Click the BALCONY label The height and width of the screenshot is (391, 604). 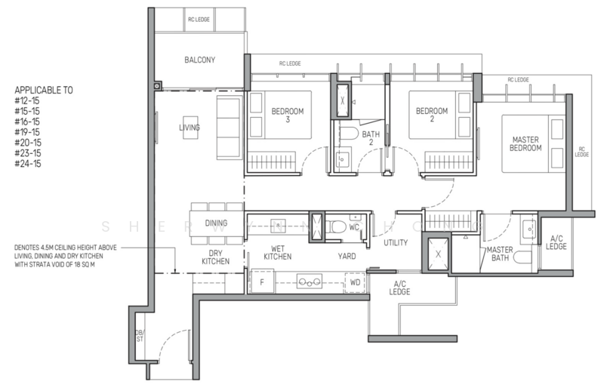(x=200, y=60)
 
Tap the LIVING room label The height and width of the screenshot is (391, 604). (x=190, y=128)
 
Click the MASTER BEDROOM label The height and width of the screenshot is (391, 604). (x=525, y=144)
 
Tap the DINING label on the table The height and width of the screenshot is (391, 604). (x=217, y=223)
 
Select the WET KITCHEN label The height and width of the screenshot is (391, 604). (x=277, y=252)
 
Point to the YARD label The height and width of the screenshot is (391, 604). (x=347, y=257)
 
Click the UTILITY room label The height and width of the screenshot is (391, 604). (x=396, y=242)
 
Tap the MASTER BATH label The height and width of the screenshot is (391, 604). (x=500, y=254)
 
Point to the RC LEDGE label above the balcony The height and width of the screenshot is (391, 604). (x=199, y=19)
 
